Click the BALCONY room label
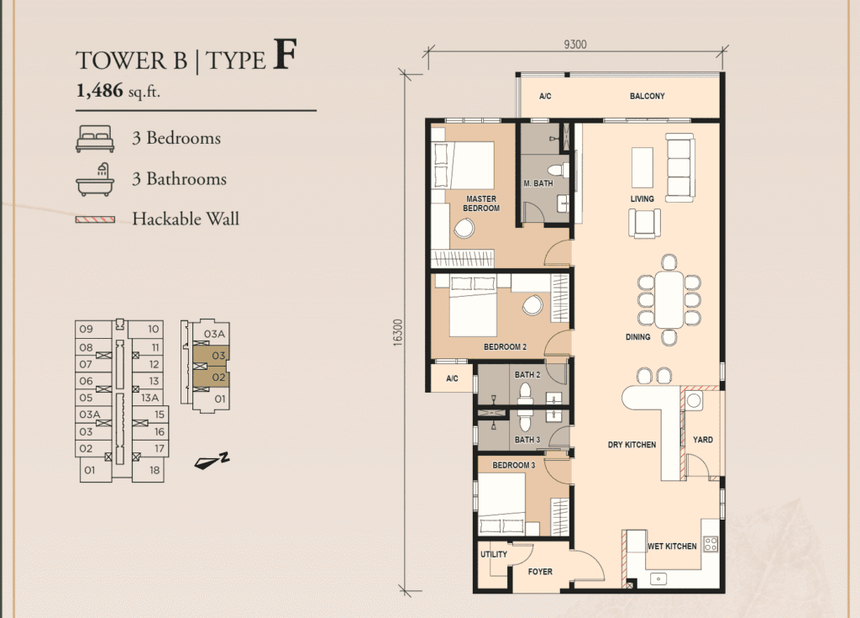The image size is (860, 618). coord(647,96)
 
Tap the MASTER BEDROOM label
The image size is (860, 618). coord(481,203)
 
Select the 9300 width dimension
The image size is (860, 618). coord(574,45)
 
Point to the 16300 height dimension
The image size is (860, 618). coord(397,332)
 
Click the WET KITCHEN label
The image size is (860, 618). coord(672,546)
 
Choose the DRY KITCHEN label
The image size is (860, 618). coord(632,445)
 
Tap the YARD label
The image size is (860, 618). coord(703,440)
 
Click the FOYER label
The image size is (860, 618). coord(540,571)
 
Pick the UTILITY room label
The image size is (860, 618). coord(494,554)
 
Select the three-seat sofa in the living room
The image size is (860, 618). coord(680,167)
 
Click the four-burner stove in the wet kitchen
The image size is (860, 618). coord(711,544)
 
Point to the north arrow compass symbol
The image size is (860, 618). coord(212,462)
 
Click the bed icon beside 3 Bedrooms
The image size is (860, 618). coord(95,139)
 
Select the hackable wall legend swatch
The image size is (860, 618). coord(95,219)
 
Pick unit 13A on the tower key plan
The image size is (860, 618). coord(149,398)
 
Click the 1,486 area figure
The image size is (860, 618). coord(99,90)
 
